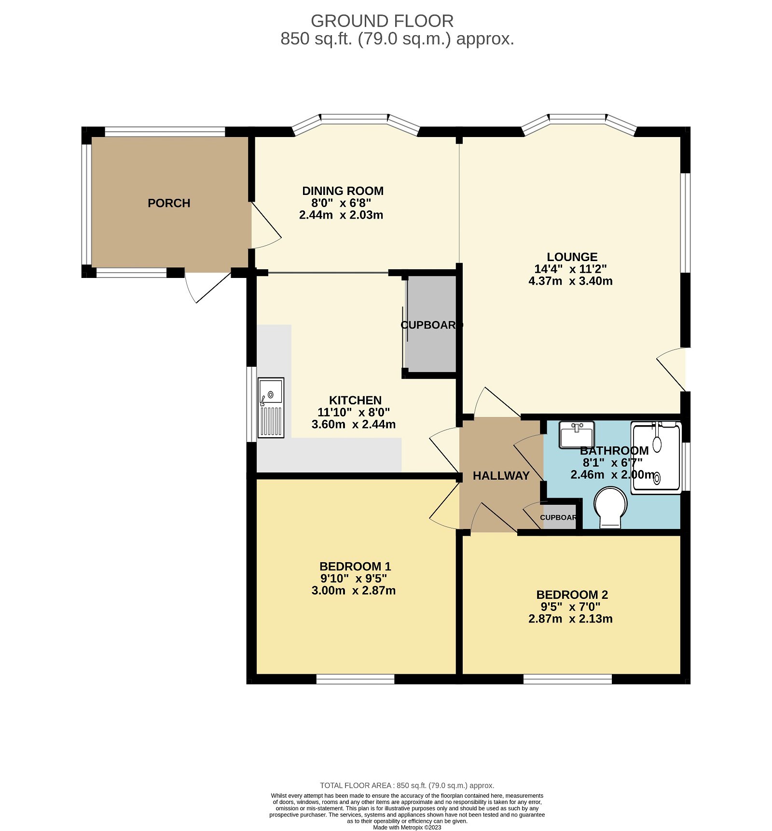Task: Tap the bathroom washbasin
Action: (x=577, y=435)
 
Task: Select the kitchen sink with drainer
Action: (x=271, y=407)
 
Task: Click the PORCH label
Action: (x=169, y=203)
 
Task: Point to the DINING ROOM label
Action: (x=343, y=191)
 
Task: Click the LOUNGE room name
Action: (x=572, y=257)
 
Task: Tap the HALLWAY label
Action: (x=501, y=476)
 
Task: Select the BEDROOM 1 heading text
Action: (x=355, y=566)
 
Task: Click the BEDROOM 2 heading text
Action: (x=572, y=595)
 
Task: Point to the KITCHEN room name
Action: (x=355, y=400)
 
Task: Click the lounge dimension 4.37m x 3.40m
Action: (x=570, y=281)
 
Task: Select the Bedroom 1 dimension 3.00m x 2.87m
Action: (x=353, y=590)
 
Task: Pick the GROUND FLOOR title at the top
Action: (x=382, y=21)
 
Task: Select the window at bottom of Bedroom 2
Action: (x=567, y=679)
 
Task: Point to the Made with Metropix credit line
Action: (x=407, y=827)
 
